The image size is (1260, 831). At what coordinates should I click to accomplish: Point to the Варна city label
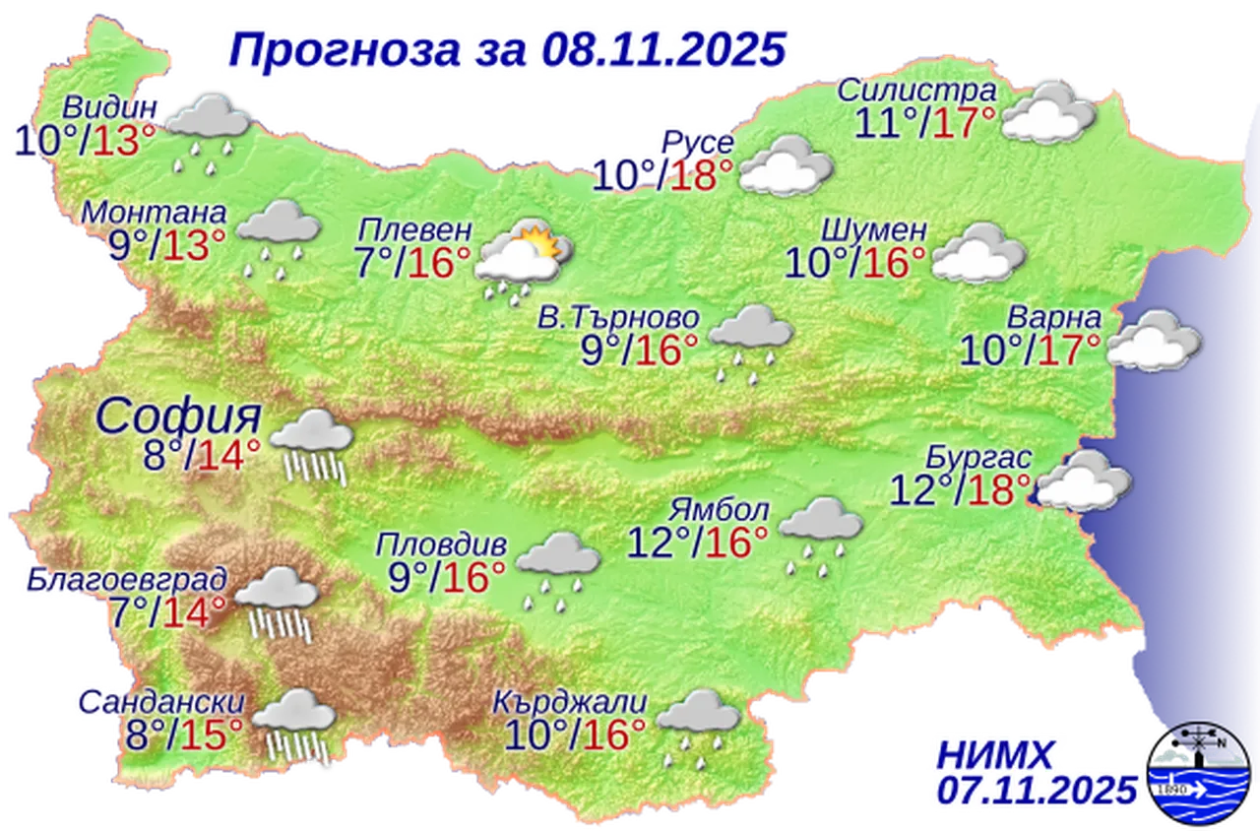(x=1052, y=319)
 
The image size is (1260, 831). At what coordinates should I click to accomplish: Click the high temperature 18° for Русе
(x=701, y=175)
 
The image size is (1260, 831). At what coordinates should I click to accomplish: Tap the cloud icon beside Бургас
(x=1084, y=482)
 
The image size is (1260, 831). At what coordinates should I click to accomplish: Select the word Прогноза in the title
(x=348, y=49)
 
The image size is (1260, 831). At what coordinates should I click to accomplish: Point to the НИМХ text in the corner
(x=994, y=756)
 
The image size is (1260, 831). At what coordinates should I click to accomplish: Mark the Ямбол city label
(x=719, y=511)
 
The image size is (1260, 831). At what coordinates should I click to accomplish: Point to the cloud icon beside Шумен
(x=977, y=253)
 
